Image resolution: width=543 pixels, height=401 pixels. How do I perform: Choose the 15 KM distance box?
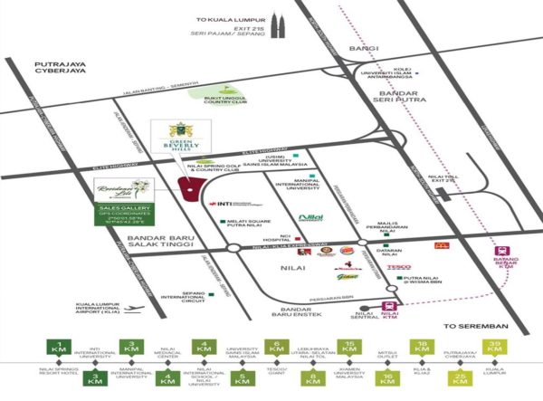pos(348,346)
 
